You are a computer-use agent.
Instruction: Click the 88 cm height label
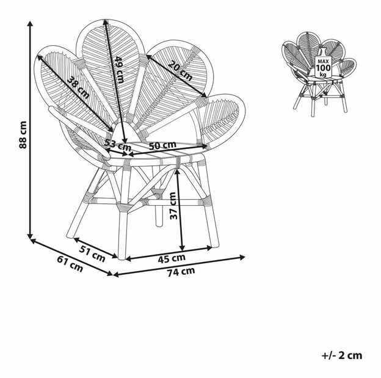[x=23, y=134]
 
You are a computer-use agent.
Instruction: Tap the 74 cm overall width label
[x=181, y=272]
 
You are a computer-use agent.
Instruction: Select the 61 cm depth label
[x=70, y=264]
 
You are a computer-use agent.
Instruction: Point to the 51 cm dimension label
[x=92, y=253]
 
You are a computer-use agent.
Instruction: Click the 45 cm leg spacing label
[x=172, y=258]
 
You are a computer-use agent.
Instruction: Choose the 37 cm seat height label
[x=173, y=206]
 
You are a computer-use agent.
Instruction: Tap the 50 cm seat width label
[x=162, y=145]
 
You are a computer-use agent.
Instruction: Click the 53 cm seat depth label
[x=118, y=145]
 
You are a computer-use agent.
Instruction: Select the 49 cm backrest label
[x=120, y=70]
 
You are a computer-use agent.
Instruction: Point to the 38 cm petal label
[x=78, y=87]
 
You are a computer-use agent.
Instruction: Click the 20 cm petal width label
[x=180, y=71]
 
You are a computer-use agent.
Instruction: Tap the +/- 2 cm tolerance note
[x=342, y=355]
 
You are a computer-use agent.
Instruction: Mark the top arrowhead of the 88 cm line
[x=30, y=24]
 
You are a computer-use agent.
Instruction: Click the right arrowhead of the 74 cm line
[x=242, y=257]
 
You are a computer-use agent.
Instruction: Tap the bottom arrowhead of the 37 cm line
[x=182, y=248]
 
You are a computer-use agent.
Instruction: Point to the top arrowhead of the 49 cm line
[x=106, y=23]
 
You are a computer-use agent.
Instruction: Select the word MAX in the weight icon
[x=323, y=62]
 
